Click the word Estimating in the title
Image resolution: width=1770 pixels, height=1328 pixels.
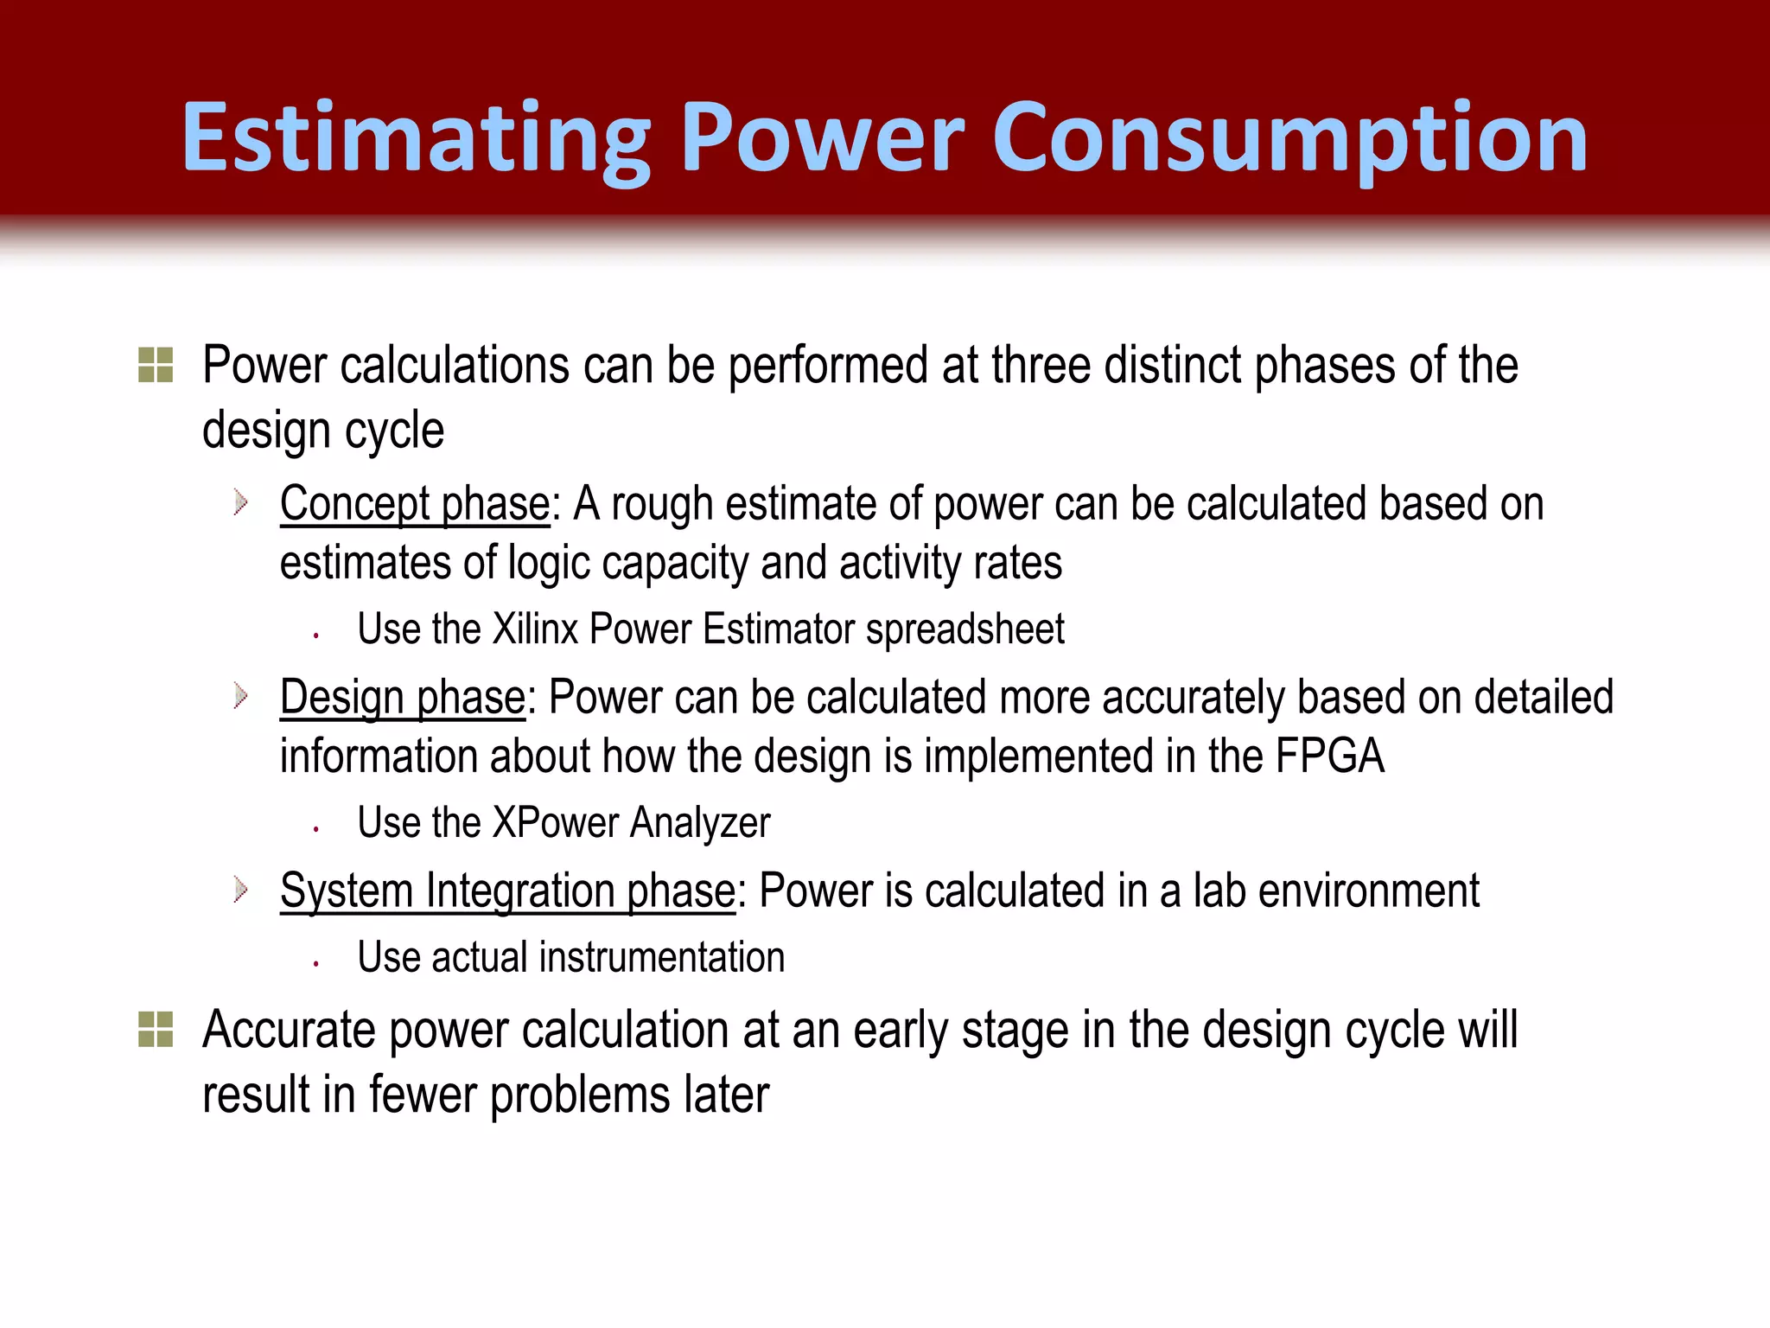click(x=416, y=138)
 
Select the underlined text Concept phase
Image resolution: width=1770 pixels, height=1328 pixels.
click(x=415, y=504)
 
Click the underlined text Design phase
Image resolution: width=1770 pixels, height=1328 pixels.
click(x=403, y=698)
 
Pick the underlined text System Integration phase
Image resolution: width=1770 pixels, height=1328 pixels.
click(x=507, y=891)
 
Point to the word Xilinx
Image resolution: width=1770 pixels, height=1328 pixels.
click(x=535, y=629)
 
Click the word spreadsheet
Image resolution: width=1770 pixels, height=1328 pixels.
click(x=965, y=629)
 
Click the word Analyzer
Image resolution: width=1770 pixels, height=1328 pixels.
click(x=700, y=822)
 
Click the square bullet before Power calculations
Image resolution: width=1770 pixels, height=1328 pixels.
click(x=156, y=365)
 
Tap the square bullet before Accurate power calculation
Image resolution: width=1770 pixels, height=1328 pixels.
click(x=156, y=1029)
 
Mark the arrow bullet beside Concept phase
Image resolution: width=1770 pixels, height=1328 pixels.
click(x=241, y=502)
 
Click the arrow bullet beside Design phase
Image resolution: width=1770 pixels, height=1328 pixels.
click(x=241, y=696)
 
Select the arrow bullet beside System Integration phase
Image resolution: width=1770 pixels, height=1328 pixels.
click(x=241, y=890)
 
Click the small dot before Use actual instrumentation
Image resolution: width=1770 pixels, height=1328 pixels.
click(x=317, y=963)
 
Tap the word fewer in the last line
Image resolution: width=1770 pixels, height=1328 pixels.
click(x=423, y=1095)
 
